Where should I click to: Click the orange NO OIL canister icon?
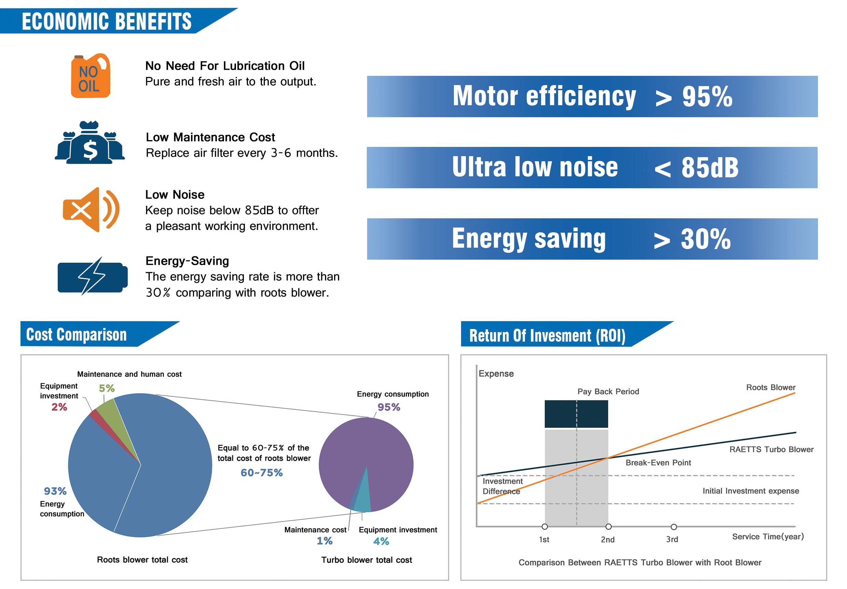(91, 76)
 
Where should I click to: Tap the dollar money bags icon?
(89, 143)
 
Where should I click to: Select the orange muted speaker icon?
(91, 210)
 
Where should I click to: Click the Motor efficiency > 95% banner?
(592, 97)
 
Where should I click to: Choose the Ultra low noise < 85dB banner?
(592, 168)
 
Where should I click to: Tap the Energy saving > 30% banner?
(592, 239)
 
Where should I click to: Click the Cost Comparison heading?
(77, 335)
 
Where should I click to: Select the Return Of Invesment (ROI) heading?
(547, 336)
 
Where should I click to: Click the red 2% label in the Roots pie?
(59, 407)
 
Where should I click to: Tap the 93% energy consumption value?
(55, 491)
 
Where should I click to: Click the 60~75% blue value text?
(262, 473)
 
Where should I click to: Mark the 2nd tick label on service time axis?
(608, 539)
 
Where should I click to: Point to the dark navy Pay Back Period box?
(576, 414)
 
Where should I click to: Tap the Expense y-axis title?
(496, 374)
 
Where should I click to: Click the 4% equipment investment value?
(381, 542)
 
